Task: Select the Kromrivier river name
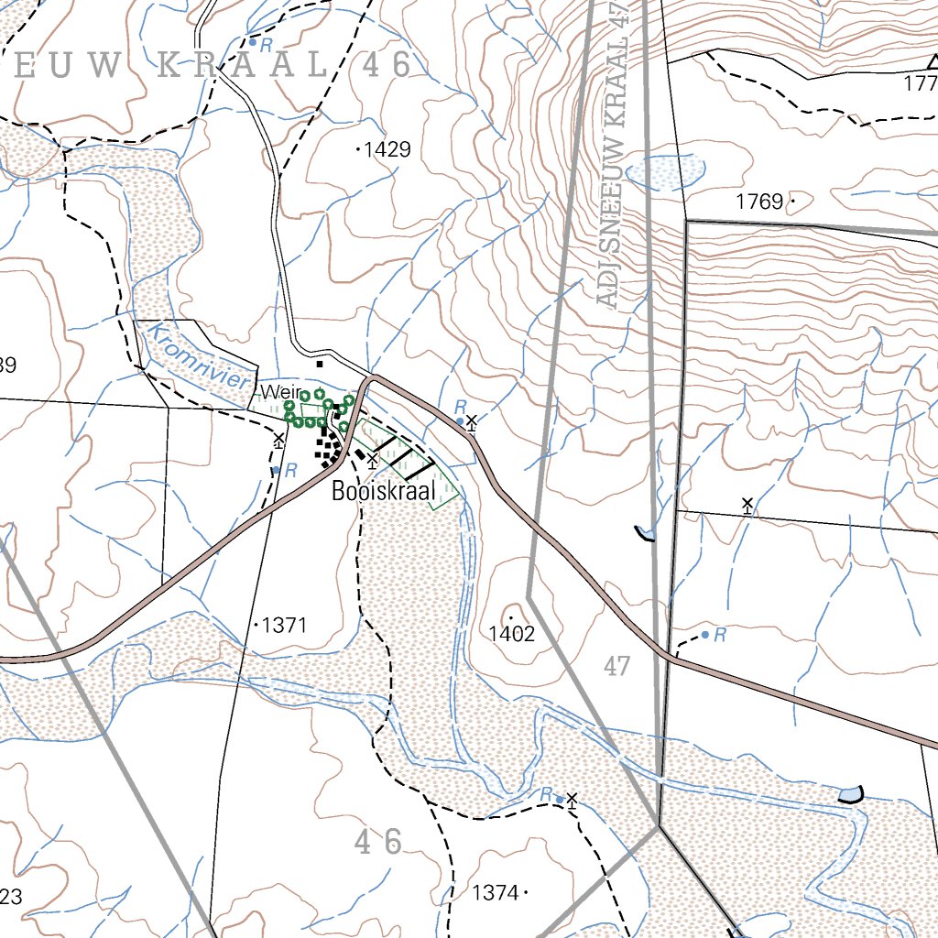tap(198, 355)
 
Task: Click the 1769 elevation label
tap(759, 202)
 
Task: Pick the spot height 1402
tap(511, 634)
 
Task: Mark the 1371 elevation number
tap(284, 626)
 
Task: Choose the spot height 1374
tap(496, 891)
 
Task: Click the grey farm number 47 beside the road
tap(618, 666)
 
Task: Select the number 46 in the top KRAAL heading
tap(387, 65)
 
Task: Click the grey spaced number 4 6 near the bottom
tap(377, 842)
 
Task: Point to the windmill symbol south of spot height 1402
tap(573, 801)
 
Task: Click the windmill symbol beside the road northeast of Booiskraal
tap(471, 421)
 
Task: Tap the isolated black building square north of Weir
tap(319, 364)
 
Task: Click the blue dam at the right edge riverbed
tap(851, 793)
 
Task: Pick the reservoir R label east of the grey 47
tap(721, 634)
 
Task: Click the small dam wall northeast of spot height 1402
tap(645, 533)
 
